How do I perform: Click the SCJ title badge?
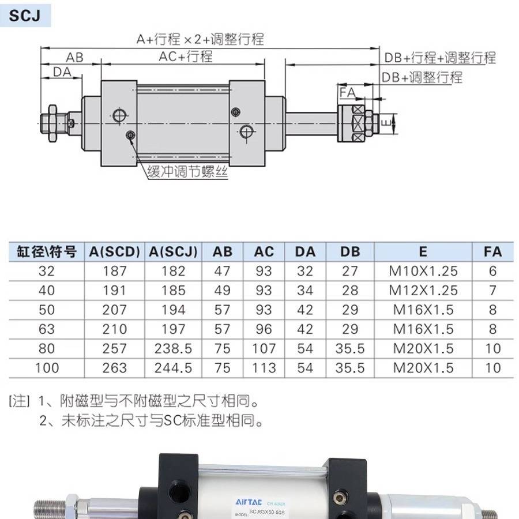pyautogui.click(x=25, y=15)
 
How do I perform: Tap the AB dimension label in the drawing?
pyautogui.click(x=74, y=57)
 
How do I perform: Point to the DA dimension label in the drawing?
pyautogui.click(x=62, y=72)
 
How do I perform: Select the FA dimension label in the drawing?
pyautogui.click(x=347, y=93)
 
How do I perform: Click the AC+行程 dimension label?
pyautogui.click(x=186, y=57)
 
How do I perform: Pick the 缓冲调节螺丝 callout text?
pyautogui.click(x=187, y=171)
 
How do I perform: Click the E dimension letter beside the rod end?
pyautogui.click(x=389, y=122)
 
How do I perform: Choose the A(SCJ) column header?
pyautogui.click(x=173, y=252)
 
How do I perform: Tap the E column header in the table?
pyautogui.click(x=423, y=252)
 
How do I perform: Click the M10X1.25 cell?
pyautogui.click(x=423, y=271)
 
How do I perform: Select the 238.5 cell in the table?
pyautogui.click(x=173, y=349)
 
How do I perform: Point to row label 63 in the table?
pyautogui.click(x=47, y=329)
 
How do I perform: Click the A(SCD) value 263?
pyautogui.click(x=114, y=368)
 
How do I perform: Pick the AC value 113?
pyautogui.click(x=264, y=368)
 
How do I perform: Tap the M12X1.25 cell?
pyautogui.click(x=423, y=290)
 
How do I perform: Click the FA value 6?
pyautogui.click(x=492, y=271)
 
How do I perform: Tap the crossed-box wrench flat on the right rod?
pyautogui.click(x=359, y=122)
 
